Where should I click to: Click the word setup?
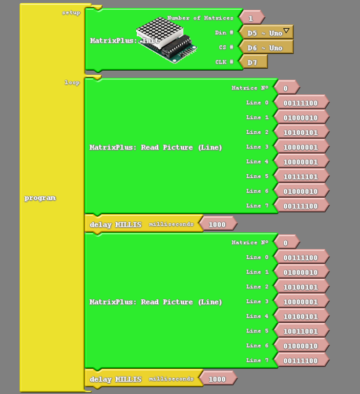tap(71, 13)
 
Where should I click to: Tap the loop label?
tap(72, 82)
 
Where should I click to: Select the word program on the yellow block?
tap(40, 198)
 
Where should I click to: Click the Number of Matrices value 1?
tap(251, 18)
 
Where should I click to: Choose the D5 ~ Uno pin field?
tap(264, 33)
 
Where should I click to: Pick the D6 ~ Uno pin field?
tap(265, 48)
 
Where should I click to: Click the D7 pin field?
tap(252, 63)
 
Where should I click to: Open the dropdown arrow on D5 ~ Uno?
tap(286, 31)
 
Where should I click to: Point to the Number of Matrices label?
tap(200, 18)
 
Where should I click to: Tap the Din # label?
tap(224, 33)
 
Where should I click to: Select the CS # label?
tap(225, 48)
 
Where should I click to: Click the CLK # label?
tap(224, 63)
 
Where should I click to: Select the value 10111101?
tap(301, 177)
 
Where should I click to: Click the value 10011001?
tap(301, 331)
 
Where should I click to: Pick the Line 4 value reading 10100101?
tap(301, 317)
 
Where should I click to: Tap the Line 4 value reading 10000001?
tap(301, 162)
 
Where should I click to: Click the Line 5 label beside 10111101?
tap(257, 176)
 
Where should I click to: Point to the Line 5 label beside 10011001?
tap(257, 331)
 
